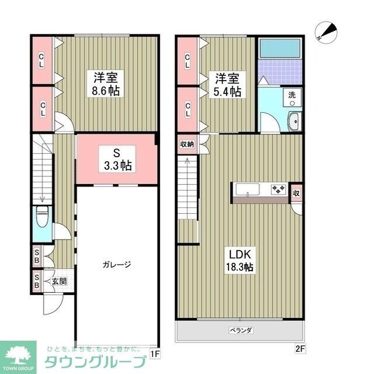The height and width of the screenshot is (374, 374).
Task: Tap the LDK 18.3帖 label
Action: point(240,261)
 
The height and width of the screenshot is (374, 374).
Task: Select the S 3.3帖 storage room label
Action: point(117,158)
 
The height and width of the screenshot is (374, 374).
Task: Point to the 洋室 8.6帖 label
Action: point(107,84)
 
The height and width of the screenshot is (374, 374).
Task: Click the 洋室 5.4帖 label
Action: point(227,85)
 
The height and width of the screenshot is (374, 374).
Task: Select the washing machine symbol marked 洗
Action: point(290,96)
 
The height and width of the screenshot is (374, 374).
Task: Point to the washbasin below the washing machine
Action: point(294,122)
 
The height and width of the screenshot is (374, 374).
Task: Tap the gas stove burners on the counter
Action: point(278,189)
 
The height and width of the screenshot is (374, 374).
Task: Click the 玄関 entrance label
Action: point(59,281)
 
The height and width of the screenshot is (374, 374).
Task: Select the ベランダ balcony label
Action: point(240,331)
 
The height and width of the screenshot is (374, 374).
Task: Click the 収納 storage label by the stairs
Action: point(186,143)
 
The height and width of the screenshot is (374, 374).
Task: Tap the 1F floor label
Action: point(154,353)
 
